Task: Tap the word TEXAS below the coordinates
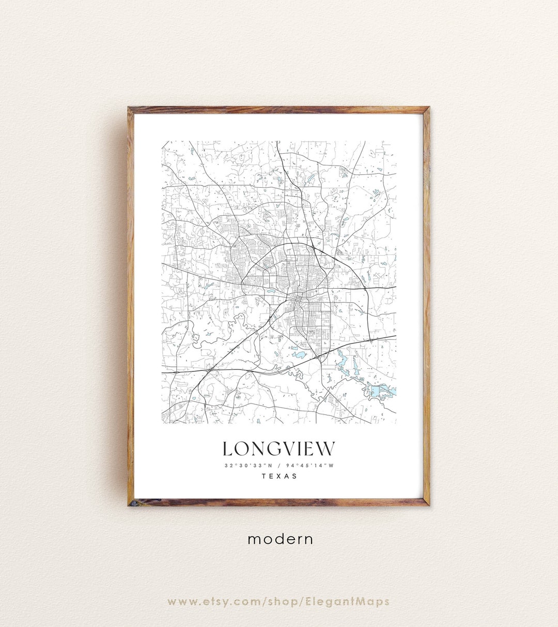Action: pyautogui.click(x=280, y=476)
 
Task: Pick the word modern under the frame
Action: pyautogui.click(x=281, y=539)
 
